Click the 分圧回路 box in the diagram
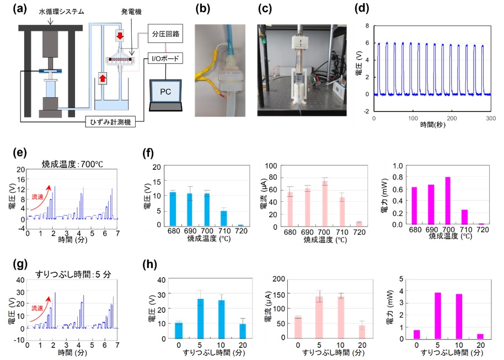pyautogui.click(x=165, y=34)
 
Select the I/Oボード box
pyautogui.click(x=165, y=58)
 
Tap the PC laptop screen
pyautogui.click(x=165, y=92)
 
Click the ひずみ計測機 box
pyautogui.click(x=110, y=121)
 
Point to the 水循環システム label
pyautogui.click(x=61, y=12)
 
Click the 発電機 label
pyautogui.click(x=131, y=12)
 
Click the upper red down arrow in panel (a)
pyautogui.click(x=120, y=35)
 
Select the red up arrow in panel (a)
pyautogui.click(x=103, y=78)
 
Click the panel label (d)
pyautogui.click(x=362, y=9)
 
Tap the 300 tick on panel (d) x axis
pyautogui.click(x=491, y=119)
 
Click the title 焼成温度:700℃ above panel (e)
pyautogui.click(x=72, y=164)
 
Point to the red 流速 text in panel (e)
pyautogui.click(x=37, y=197)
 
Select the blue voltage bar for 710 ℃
pyautogui.click(x=224, y=218)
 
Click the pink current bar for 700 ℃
pyautogui.click(x=325, y=204)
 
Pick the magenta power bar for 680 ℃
pyautogui.click(x=414, y=206)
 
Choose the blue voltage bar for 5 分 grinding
pyautogui.click(x=201, y=319)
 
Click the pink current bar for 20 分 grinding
pyautogui.click(x=362, y=332)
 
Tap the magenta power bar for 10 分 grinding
pyautogui.click(x=459, y=316)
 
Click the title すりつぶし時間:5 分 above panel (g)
pyautogui.click(x=73, y=274)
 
